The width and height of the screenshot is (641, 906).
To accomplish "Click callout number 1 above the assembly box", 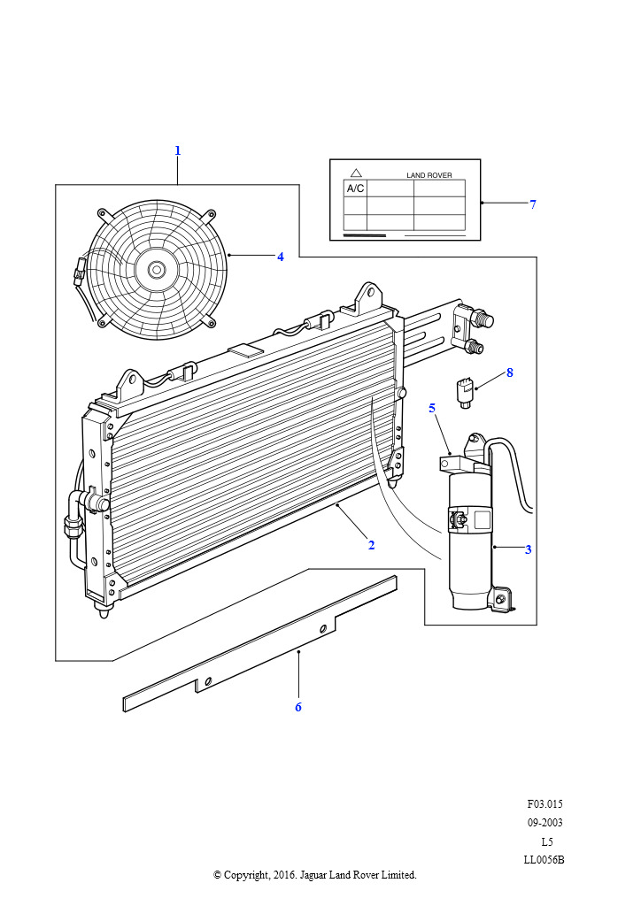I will point(177,150).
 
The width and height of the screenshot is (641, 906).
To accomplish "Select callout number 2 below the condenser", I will point(371,545).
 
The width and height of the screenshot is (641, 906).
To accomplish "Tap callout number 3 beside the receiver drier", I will point(528,549).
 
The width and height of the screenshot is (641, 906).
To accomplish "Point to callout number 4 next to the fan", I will point(281,257).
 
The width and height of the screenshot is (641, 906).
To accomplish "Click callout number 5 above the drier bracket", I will point(432,408).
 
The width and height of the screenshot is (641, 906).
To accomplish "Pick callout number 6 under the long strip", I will point(298,707).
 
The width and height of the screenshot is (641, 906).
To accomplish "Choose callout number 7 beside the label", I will point(533,204).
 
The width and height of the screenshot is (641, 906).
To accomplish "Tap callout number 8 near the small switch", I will point(510,372).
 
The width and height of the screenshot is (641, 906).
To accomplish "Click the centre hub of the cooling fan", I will point(157,269).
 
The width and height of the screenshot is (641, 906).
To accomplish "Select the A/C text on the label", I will point(355,188).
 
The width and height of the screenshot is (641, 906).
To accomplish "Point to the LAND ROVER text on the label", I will point(429,175).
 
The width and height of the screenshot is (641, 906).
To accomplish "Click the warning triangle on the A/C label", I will point(356,173).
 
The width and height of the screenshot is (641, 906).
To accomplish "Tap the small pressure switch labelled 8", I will point(466,389).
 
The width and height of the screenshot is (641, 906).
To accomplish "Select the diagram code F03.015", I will point(544,804).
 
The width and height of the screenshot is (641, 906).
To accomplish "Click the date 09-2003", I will point(544,823).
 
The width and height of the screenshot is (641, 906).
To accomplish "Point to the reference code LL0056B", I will point(544,859).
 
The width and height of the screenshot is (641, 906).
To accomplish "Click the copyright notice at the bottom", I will point(315,875).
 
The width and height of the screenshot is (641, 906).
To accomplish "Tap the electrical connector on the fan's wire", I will point(80,266).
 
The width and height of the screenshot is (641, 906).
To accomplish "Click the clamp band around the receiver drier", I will point(470,520).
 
